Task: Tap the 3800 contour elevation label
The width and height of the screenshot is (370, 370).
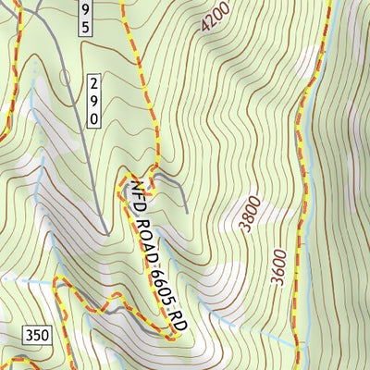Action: point(247,214)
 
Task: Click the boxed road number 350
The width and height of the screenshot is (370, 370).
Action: point(36,334)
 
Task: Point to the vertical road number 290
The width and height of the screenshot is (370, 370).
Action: point(94,101)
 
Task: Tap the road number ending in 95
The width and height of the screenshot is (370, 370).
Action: point(85,18)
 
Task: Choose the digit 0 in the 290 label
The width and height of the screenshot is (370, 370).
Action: point(94,117)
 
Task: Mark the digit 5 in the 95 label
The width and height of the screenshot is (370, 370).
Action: point(85,28)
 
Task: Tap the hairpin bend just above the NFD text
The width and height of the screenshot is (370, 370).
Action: point(122,179)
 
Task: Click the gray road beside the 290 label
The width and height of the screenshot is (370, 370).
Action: point(77,102)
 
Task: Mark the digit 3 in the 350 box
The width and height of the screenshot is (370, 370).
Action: point(28,334)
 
